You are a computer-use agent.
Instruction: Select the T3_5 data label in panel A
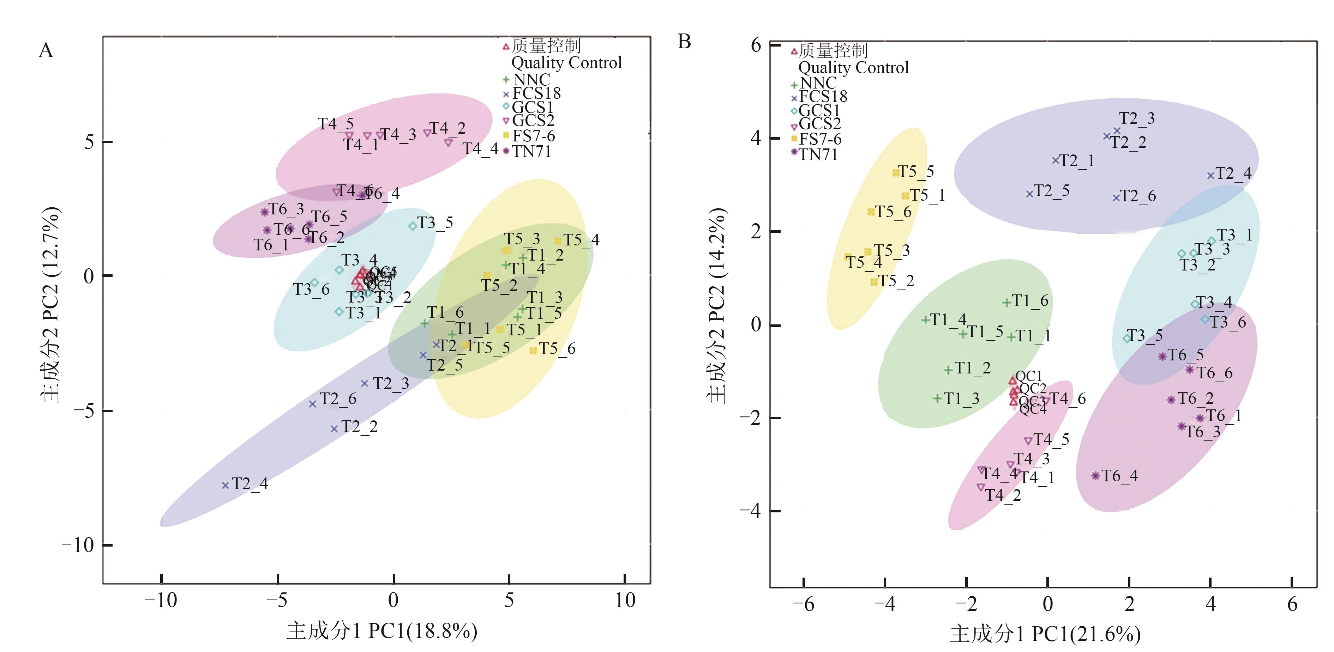click(435, 223)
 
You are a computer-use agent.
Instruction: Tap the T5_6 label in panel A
click(557, 349)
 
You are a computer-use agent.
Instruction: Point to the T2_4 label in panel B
click(1233, 173)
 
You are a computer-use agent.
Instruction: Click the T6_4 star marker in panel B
click(1095, 476)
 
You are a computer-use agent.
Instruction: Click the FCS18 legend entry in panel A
click(536, 94)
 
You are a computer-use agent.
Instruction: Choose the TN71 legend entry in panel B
click(818, 155)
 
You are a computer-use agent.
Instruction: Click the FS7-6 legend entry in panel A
click(533, 136)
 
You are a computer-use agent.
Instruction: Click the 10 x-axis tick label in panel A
click(625, 600)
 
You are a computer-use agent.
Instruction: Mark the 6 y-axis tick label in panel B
click(756, 45)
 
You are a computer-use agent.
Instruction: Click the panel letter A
click(46, 51)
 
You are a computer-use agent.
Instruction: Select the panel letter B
click(684, 41)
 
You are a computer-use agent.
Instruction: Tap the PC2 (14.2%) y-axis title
click(717, 305)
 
